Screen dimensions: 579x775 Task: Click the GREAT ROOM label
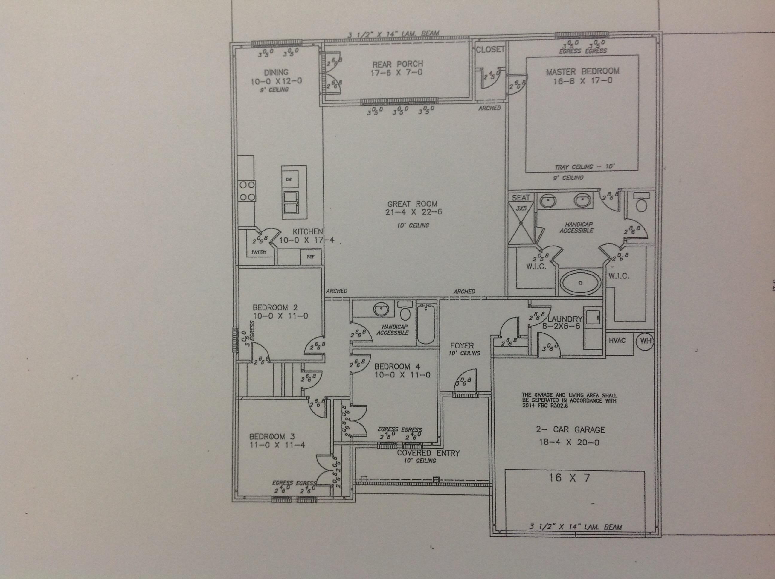coord(412,204)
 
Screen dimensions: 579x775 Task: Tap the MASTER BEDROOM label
coord(582,71)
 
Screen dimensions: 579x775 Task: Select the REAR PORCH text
coord(397,64)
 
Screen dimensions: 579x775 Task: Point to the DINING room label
coord(276,73)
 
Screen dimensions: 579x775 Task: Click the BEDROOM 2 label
coord(275,307)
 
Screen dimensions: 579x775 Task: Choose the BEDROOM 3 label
coord(272,437)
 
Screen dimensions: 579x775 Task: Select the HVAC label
coord(617,340)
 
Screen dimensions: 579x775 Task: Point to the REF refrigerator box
coord(310,257)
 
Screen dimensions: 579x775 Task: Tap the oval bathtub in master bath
coord(580,282)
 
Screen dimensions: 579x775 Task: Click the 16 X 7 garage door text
coord(569,477)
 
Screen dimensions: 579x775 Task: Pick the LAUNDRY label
coord(565,319)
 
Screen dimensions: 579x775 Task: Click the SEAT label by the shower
coord(521,198)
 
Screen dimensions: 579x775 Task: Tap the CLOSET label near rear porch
coord(490,50)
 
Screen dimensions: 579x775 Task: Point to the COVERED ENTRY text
coord(428,453)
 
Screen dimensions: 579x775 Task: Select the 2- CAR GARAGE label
coord(570,429)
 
